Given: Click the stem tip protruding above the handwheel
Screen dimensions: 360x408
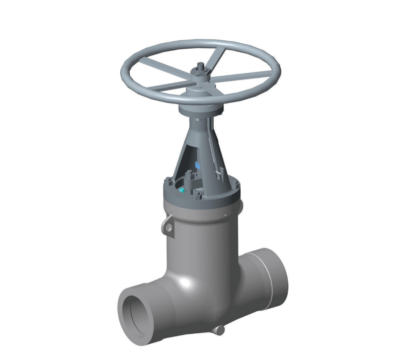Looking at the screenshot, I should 201,65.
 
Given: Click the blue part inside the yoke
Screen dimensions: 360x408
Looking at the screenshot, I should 198,164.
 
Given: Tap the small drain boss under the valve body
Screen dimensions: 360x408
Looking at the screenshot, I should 219,330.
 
